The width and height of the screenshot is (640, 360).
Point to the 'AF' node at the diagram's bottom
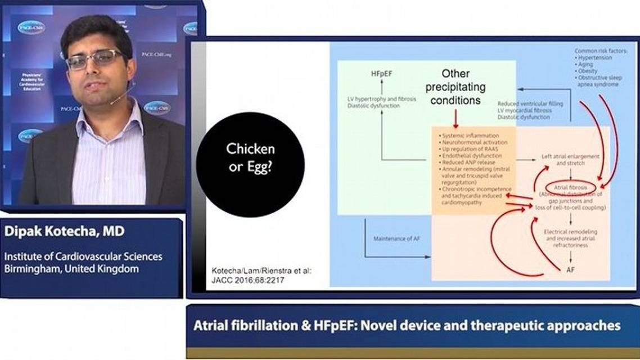pyautogui.click(x=571, y=270)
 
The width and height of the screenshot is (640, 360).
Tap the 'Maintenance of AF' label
pyautogui.click(x=396, y=239)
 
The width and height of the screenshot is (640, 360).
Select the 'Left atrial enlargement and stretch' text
pyautogui.click(x=570, y=159)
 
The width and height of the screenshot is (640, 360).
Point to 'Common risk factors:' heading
pyautogui.click(x=600, y=51)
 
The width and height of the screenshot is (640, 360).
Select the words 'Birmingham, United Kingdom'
pyautogui.click(x=71, y=269)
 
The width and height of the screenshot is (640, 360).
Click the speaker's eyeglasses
pyautogui.click(x=95, y=59)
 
